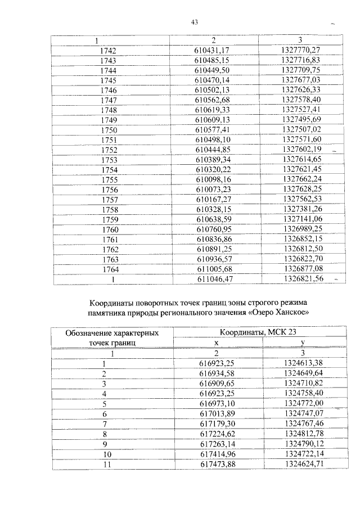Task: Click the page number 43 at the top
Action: (195, 22)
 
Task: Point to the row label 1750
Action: (107, 129)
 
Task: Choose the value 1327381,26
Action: (301, 209)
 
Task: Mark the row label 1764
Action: (107, 268)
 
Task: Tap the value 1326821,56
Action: (301, 278)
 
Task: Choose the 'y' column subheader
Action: (303, 342)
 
